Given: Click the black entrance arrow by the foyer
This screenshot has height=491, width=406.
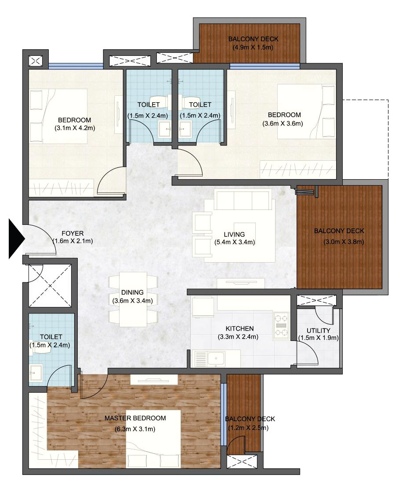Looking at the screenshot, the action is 16,239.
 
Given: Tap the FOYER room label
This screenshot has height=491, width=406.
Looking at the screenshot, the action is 72,233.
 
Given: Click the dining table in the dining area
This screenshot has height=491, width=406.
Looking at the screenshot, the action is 133,300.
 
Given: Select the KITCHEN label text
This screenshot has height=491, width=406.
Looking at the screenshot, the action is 239,329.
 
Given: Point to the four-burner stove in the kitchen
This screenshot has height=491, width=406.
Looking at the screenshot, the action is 281,326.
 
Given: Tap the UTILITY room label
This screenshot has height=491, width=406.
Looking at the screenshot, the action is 318,330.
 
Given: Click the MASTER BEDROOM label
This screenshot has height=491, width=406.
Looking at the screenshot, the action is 135,418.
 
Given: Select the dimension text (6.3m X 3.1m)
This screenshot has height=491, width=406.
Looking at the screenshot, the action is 135,429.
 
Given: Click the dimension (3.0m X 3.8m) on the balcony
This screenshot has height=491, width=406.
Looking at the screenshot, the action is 344,242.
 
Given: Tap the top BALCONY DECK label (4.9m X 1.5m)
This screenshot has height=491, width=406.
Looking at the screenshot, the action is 253,39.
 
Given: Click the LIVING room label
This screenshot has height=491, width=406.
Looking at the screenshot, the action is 234,234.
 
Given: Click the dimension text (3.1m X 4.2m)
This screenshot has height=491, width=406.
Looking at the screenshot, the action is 75,128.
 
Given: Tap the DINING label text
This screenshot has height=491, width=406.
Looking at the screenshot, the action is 133,292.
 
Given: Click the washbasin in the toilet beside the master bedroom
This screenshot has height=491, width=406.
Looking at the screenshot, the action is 36,372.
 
